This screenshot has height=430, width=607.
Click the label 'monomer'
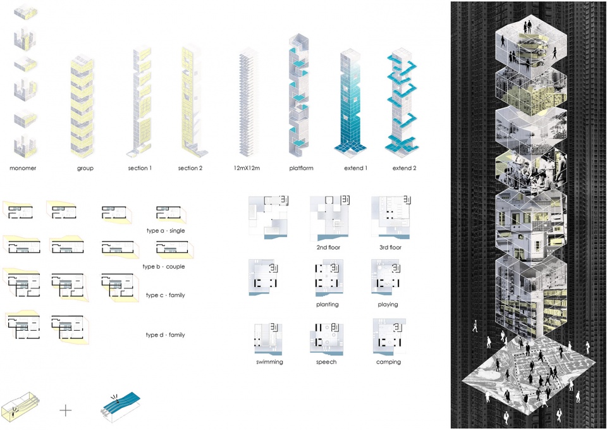pyautogui.click(x=23, y=168)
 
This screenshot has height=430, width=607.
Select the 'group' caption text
pyautogui.click(x=85, y=168)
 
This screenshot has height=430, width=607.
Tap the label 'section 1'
pyautogui.click(x=140, y=168)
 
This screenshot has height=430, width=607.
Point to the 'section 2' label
pyautogui.click(x=190, y=168)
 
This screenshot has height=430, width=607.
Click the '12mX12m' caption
pyautogui.click(x=247, y=168)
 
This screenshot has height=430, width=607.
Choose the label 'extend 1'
pyautogui.click(x=356, y=168)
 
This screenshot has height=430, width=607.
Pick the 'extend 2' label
pyautogui.click(x=404, y=168)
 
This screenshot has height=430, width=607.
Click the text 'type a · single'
pyautogui.click(x=166, y=231)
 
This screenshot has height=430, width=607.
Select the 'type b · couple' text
pyautogui.click(x=163, y=267)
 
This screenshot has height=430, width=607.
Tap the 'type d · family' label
pyautogui.click(x=165, y=335)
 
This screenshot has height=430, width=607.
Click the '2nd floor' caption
pyautogui.click(x=328, y=247)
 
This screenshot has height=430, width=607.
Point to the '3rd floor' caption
pyautogui.click(x=390, y=247)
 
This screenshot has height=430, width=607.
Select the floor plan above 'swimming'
pyautogui.click(x=268, y=336)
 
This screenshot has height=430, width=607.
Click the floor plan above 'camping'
pyautogui.click(x=389, y=336)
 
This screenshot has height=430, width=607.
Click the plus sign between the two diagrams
pyautogui.click(x=66, y=410)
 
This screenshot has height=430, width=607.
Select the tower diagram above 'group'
pyautogui.click(x=82, y=106)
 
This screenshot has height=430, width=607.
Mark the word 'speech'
pyautogui.click(x=326, y=362)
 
